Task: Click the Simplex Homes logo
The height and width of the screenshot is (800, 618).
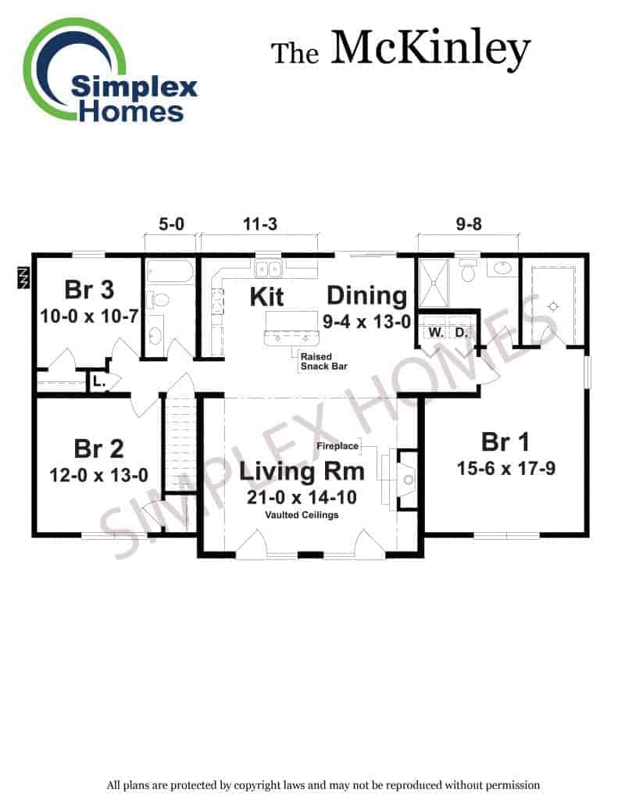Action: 110,70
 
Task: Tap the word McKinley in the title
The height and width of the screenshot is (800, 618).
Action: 430,49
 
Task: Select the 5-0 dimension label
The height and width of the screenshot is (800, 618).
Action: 171,224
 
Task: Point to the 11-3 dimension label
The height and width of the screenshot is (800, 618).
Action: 259,224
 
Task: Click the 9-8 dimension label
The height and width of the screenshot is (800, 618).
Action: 469,224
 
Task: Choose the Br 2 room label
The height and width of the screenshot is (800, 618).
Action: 98,448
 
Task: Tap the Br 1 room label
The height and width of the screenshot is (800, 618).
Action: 505,442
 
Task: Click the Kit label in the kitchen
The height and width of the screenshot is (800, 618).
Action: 266,297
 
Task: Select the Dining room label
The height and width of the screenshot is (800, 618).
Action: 367,296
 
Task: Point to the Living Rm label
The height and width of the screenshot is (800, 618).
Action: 302,471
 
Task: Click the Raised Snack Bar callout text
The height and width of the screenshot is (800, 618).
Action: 323,361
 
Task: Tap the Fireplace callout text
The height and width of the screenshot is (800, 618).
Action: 338,446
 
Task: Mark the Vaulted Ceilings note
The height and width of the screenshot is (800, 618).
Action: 302,515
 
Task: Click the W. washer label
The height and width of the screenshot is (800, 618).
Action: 436,333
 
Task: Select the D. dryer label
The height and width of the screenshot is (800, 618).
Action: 461,333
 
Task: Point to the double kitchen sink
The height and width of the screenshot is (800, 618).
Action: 267,269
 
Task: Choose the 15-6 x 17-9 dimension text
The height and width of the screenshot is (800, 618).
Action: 505,469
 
